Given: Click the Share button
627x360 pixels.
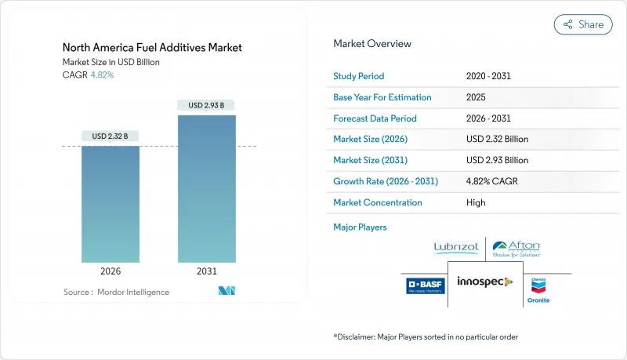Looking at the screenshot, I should click(583, 24).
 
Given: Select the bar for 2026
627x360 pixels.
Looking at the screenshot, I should click(111, 204).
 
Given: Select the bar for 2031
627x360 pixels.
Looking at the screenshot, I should click(207, 188).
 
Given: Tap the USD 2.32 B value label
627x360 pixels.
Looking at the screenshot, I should click(111, 136).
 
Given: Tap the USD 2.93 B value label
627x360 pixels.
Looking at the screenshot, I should click(207, 105).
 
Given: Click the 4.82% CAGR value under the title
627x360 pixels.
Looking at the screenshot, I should click(103, 75).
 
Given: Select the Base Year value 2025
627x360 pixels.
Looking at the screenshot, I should click(475, 97).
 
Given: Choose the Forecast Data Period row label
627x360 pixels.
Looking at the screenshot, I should click(375, 118).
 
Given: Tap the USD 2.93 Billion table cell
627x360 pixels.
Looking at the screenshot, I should click(497, 160).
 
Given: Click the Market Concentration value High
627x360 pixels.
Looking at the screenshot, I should click(475, 202).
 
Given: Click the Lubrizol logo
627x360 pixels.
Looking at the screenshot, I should click(455, 249).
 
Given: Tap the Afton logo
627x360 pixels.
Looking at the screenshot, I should click(516, 249).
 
